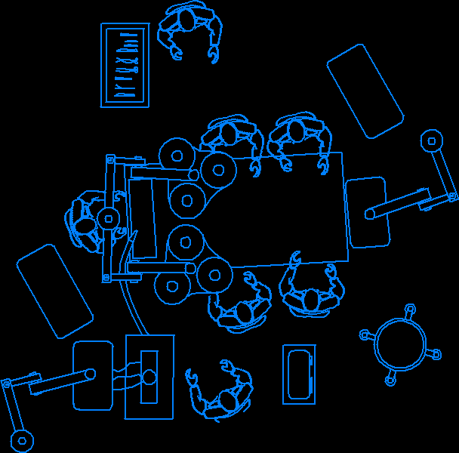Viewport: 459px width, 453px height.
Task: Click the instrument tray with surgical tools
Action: (125, 65)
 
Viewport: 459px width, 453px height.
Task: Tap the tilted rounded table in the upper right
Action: (365, 91)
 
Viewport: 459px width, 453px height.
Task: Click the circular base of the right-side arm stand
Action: (432, 140)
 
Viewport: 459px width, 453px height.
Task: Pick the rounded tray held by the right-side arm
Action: (367, 212)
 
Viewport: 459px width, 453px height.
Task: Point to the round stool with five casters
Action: (400, 344)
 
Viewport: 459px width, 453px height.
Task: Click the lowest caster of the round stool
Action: (390, 381)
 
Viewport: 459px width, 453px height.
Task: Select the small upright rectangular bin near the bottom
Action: (299, 374)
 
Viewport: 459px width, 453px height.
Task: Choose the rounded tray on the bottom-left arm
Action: (92, 375)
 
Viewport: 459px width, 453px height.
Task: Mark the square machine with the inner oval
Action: (149, 377)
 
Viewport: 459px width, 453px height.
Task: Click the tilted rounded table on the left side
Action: (54, 291)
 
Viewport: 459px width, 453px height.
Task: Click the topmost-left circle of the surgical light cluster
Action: (177, 156)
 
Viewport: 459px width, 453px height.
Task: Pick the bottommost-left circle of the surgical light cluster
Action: (172, 287)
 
